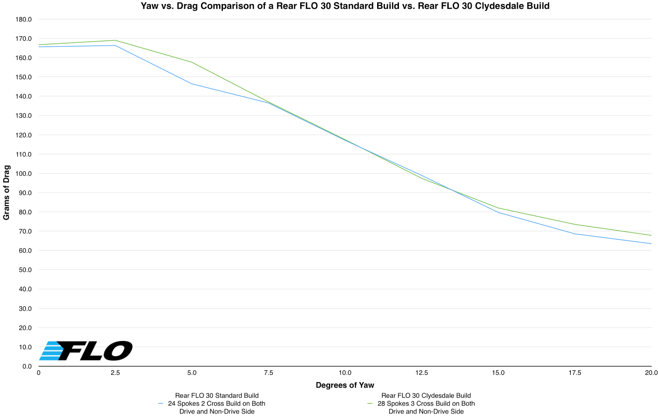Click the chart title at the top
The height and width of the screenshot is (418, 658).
point(345,6)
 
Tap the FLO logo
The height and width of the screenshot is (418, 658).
point(86,351)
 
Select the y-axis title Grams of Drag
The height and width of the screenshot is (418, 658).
point(7,193)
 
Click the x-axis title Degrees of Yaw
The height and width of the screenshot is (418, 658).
point(345,385)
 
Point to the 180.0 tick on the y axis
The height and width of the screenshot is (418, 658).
point(23,19)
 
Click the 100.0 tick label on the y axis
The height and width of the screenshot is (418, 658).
point(23,174)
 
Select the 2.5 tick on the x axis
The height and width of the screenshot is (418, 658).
point(115,373)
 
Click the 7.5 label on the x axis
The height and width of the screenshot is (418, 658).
point(268,373)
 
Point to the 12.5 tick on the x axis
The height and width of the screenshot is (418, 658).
point(422,373)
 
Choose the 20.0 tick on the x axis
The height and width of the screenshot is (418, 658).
point(651,373)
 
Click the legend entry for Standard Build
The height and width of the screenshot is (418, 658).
point(216,404)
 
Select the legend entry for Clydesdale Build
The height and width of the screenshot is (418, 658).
point(426,404)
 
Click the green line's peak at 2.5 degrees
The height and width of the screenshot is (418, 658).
point(115,40)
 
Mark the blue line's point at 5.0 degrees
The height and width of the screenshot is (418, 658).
point(192,84)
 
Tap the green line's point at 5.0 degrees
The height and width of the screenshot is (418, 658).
point(192,62)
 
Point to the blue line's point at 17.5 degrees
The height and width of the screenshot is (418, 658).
point(575,234)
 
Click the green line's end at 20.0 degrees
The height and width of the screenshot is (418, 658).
point(651,235)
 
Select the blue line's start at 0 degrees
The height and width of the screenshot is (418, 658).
point(39,47)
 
